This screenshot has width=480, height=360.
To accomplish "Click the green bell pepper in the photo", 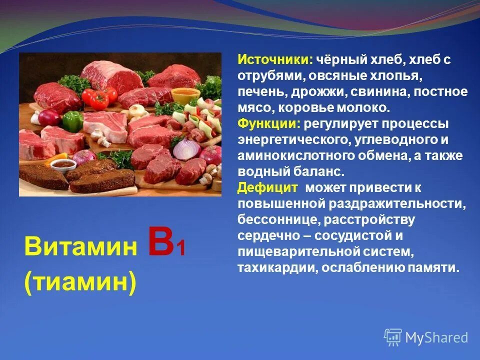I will [x=73, y=120].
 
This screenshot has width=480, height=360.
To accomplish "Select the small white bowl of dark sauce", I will [x=60, y=164].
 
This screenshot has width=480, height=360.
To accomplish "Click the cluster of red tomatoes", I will [x=99, y=96].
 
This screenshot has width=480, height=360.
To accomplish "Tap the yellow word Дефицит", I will [x=267, y=187].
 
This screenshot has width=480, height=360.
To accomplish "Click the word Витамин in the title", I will [x=80, y=247].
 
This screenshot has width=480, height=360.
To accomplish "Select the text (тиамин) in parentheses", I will [x=79, y=283].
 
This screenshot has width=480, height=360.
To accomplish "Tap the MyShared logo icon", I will [x=392, y=337].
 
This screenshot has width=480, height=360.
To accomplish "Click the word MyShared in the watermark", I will [x=436, y=337].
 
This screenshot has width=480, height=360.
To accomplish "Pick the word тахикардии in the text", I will [x=276, y=267].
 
